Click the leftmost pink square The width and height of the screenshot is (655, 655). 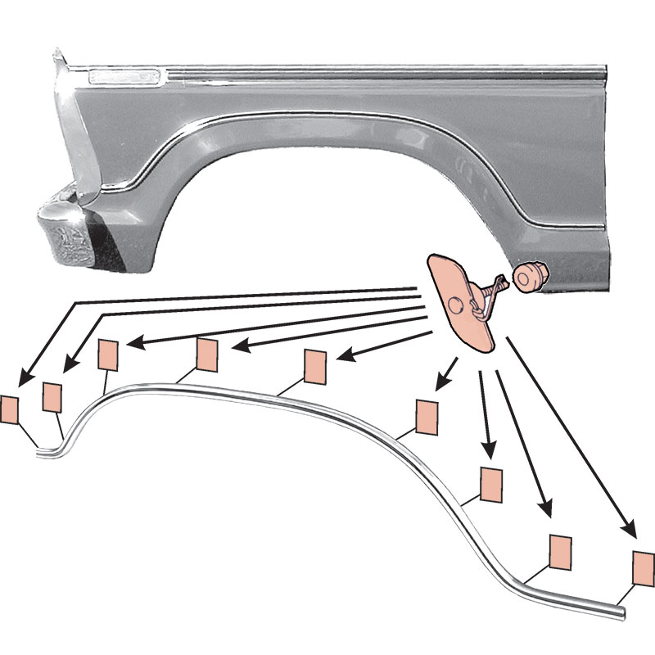pos(10,409)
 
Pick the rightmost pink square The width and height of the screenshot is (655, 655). pos(644,566)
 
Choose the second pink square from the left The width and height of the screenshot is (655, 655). pos(52,397)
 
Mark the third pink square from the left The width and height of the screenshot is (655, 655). pos(108,355)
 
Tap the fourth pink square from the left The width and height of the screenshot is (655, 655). pos(206,354)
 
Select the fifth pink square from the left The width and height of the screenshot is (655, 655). pos(315,364)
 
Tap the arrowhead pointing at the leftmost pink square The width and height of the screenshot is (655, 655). pos(24,379)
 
